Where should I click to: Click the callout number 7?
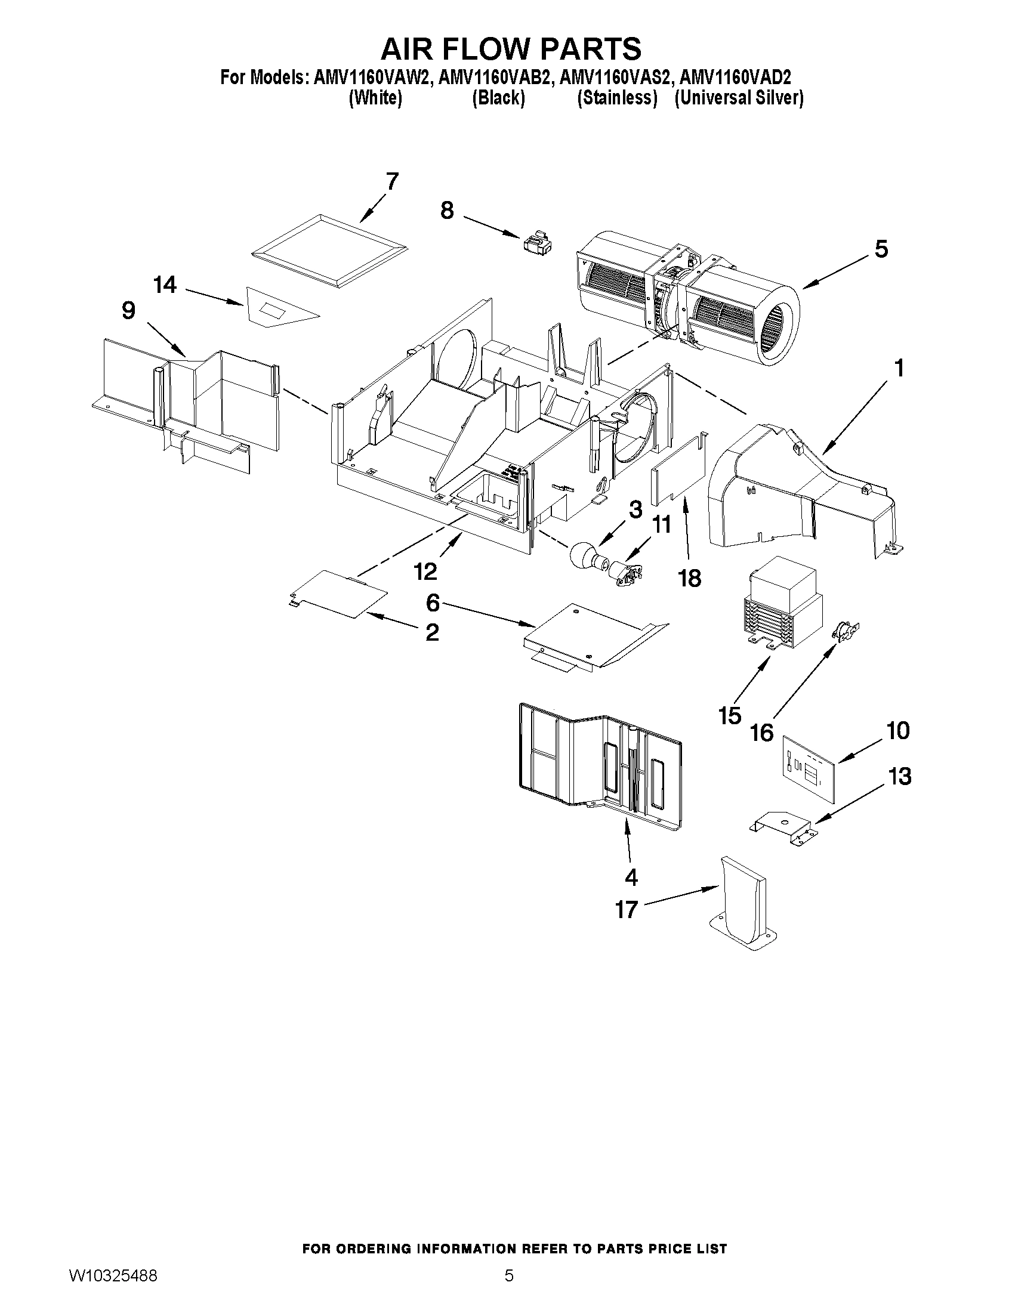(x=392, y=181)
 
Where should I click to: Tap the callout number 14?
(x=165, y=285)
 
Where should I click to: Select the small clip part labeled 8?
(x=536, y=244)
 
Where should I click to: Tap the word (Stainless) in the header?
(x=617, y=97)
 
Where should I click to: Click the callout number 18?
(x=689, y=578)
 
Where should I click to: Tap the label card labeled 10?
(x=809, y=770)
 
